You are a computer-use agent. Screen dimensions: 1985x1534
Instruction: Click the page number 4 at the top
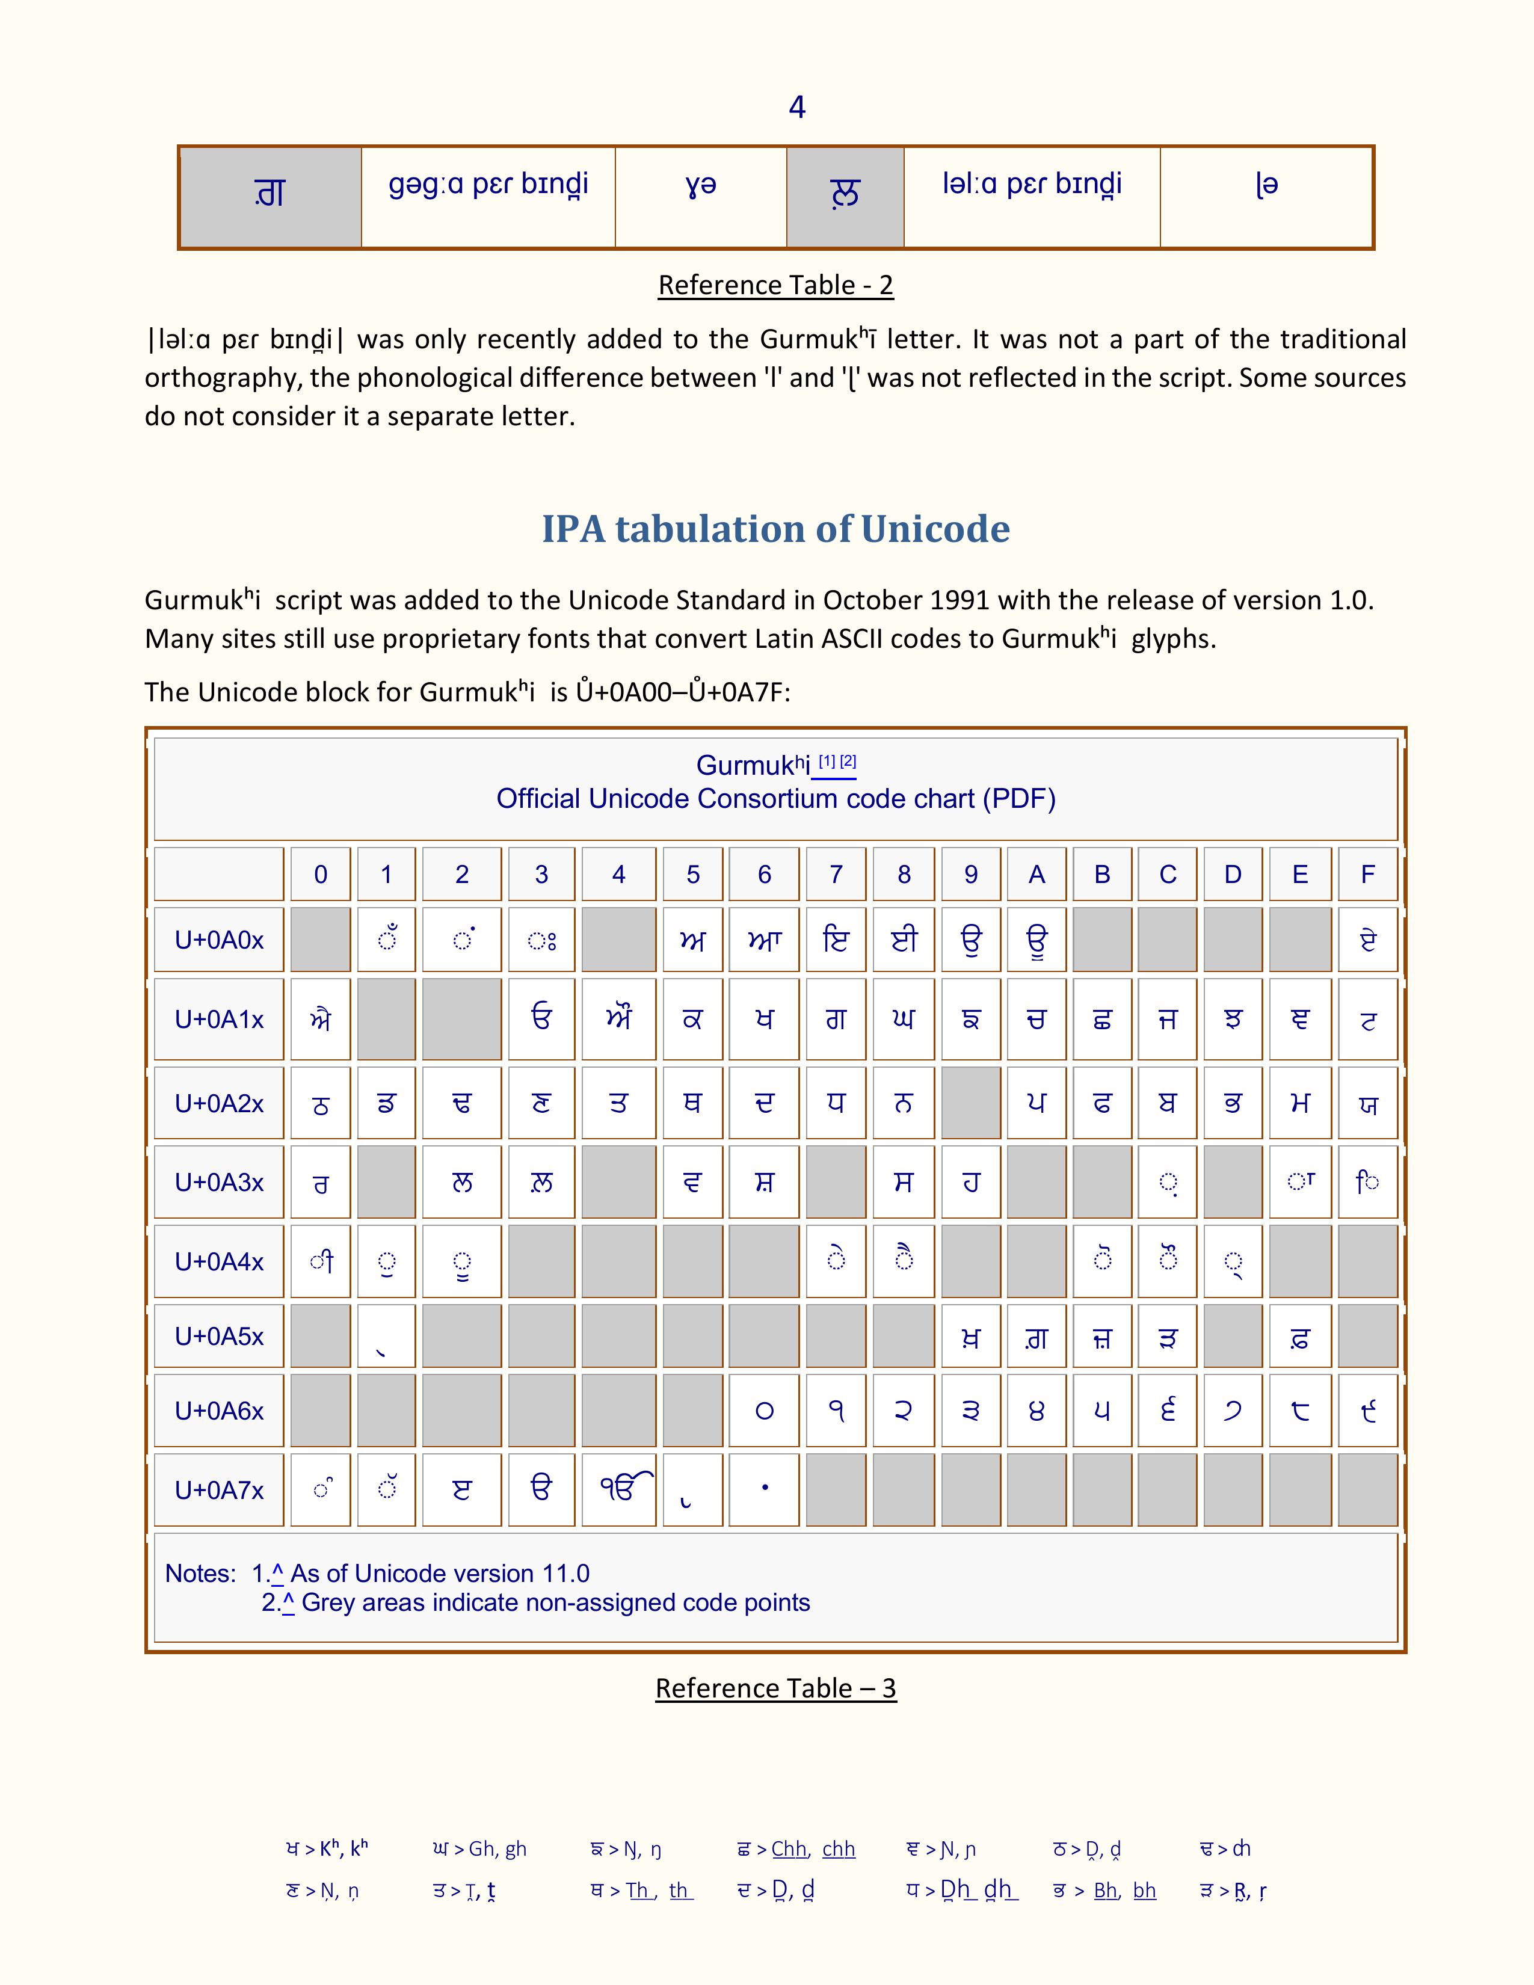797,107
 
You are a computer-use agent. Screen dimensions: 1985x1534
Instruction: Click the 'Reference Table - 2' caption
775,285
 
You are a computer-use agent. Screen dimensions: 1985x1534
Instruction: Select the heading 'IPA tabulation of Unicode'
775,529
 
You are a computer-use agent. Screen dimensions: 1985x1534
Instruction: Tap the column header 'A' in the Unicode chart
1036,875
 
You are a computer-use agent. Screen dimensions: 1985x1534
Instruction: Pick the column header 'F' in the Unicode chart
1367,875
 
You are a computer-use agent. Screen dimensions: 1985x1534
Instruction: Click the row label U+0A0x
219,940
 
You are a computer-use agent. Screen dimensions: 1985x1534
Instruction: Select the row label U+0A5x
219,1336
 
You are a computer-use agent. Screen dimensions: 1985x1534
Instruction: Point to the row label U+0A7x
219,1491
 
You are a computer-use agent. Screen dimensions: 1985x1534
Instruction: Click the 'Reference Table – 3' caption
775,1688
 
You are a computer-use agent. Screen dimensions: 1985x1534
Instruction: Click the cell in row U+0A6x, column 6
764,1411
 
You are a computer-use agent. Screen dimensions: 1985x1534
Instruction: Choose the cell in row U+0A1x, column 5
692,1020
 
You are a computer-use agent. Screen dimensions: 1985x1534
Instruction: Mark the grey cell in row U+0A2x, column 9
970,1103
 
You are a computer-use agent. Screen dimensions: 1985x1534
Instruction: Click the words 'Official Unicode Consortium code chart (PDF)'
775,799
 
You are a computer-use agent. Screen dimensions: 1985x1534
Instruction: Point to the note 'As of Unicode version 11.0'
440,1574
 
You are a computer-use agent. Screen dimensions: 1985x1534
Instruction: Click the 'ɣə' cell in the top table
701,185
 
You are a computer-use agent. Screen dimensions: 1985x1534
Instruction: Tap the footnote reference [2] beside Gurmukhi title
848,761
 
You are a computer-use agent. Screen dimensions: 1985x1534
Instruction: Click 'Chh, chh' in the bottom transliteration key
813,1848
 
